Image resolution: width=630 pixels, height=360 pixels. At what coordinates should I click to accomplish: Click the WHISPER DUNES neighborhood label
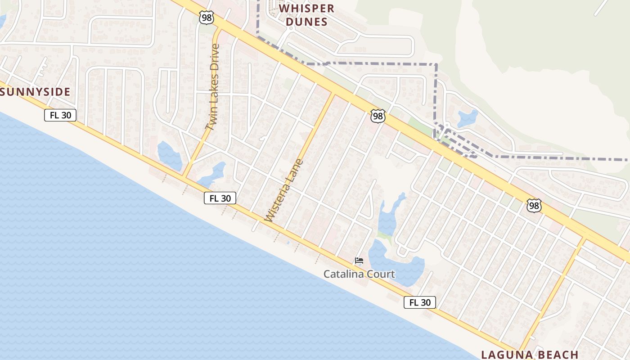(307, 15)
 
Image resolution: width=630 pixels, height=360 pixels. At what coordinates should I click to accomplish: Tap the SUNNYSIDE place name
(36, 92)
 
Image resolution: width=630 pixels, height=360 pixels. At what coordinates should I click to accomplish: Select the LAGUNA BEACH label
(530, 354)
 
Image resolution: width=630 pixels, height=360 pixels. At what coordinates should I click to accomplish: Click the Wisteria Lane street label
(284, 190)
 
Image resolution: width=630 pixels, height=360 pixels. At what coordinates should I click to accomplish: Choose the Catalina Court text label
(359, 274)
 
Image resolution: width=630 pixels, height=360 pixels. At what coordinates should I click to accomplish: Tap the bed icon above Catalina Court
(359, 261)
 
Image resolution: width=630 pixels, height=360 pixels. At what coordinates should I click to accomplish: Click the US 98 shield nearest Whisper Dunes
(206, 18)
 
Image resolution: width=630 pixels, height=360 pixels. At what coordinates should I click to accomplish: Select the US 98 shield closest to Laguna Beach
(534, 206)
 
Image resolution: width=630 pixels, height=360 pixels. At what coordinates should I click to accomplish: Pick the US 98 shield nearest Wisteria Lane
(378, 116)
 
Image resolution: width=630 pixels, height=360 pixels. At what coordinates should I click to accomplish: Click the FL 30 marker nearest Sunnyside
(60, 115)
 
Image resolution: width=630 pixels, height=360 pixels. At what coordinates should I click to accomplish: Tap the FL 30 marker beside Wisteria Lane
(220, 198)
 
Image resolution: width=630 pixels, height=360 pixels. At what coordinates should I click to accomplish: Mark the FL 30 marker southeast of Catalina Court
(420, 302)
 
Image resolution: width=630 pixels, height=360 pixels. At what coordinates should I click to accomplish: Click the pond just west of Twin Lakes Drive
(169, 156)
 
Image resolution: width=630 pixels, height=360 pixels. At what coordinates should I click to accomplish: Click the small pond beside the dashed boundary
(467, 118)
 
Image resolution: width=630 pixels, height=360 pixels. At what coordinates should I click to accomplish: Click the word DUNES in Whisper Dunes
(307, 22)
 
